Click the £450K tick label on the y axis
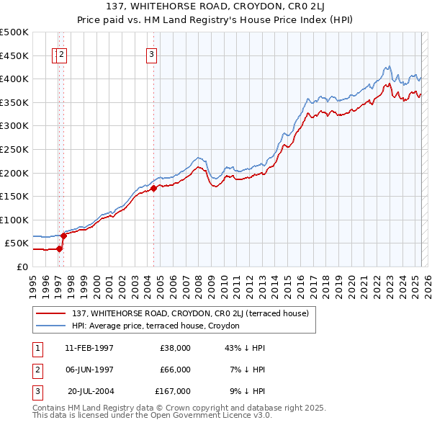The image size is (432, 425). tap(14, 55)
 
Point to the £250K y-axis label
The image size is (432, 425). tap(14, 149)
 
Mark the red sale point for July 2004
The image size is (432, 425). tap(153, 189)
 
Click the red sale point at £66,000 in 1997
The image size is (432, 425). tap(63, 236)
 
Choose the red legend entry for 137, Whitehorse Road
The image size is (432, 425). tap(190, 313)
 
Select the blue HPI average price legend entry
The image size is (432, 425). tap(159, 326)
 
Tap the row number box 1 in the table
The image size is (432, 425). tap(37, 348)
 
